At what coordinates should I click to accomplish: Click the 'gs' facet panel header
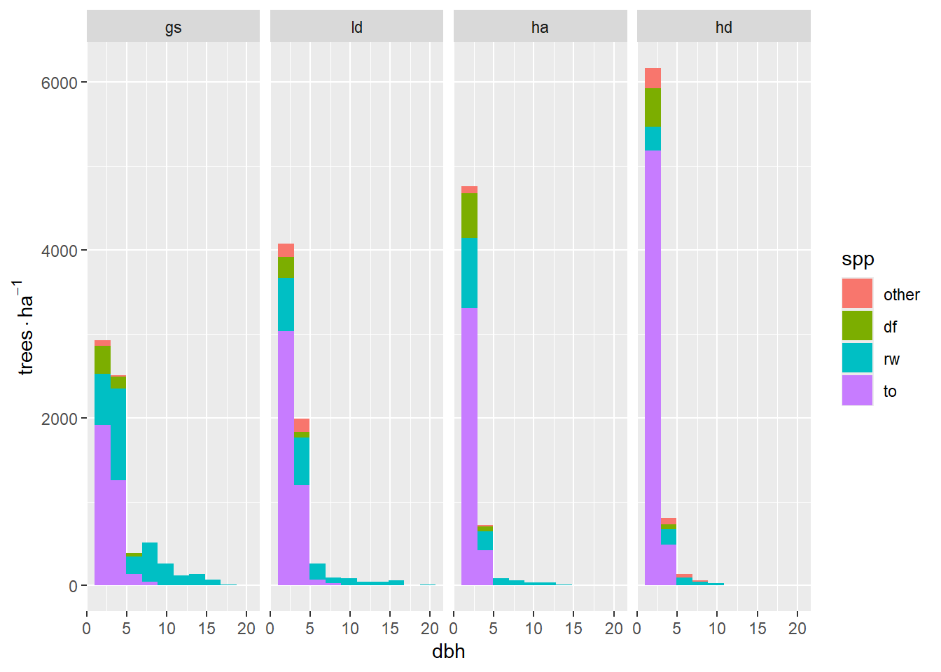(x=173, y=27)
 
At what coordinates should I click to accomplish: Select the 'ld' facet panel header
(x=356, y=27)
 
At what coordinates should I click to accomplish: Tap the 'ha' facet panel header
(x=540, y=27)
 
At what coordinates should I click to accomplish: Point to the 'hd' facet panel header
(x=723, y=27)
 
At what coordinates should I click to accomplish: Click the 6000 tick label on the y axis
(x=59, y=83)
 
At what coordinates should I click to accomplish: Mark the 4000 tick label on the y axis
(x=59, y=251)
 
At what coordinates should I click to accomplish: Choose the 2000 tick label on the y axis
(x=59, y=419)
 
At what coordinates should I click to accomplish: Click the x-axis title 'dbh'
(x=448, y=652)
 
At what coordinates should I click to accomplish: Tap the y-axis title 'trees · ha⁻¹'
(x=25, y=328)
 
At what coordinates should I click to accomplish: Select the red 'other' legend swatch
(x=857, y=294)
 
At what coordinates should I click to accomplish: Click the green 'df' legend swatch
(x=857, y=326)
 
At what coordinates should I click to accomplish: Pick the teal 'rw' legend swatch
(x=857, y=358)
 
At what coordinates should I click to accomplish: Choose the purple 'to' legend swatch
(x=857, y=391)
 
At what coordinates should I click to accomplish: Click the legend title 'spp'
(x=858, y=260)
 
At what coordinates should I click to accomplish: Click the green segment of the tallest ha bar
(x=469, y=216)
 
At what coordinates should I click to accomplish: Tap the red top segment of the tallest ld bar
(x=286, y=251)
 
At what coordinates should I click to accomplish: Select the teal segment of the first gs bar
(x=102, y=399)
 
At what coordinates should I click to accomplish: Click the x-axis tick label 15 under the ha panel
(x=573, y=629)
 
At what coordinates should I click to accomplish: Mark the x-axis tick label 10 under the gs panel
(x=167, y=629)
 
